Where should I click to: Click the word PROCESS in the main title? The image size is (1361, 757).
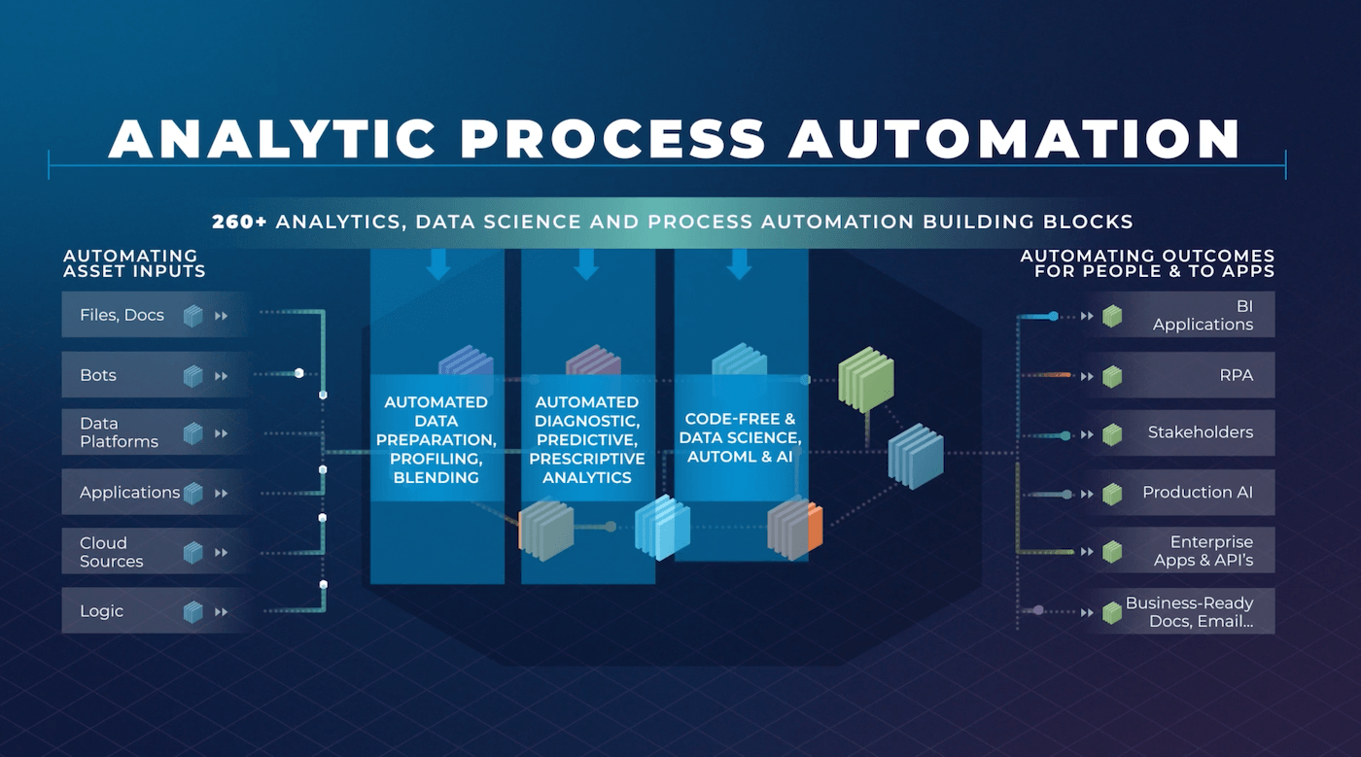pyautogui.click(x=612, y=139)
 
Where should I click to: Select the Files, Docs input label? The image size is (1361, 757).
pyautogui.click(x=122, y=315)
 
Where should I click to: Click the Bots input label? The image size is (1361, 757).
pyautogui.click(x=98, y=375)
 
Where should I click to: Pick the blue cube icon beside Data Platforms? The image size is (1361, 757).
pyautogui.click(x=193, y=433)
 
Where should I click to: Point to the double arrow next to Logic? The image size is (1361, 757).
pyautogui.click(x=222, y=612)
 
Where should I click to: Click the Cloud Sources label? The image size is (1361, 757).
pyautogui.click(x=111, y=552)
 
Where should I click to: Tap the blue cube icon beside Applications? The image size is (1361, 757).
pyautogui.click(x=193, y=494)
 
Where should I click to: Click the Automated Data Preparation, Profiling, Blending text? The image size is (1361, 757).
pyautogui.click(x=436, y=440)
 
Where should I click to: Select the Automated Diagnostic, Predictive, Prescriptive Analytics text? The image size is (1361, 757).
pyautogui.click(x=587, y=440)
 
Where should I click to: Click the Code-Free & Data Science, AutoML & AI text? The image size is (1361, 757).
pyautogui.click(x=740, y=437)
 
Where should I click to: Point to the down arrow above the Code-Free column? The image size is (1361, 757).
pyautogui.click(x=740, y=264)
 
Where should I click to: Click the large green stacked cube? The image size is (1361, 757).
pyautogui.click(x=866, y=380)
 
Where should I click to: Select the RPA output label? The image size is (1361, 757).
pyautogui.click(x=1236, y=375)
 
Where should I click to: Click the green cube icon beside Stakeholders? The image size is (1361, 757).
pyautogui.click(x=1112, y=434)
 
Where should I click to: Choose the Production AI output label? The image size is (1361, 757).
pyautogui.click(x=1198, y=492)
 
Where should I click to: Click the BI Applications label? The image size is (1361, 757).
pyautogui.click(x=1204, y=315)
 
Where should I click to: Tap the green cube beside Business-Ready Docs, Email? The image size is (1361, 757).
pyautogui.click(x=1112, y=612)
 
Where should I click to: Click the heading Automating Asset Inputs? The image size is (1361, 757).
pyautogui.click(x=134, y=263)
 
